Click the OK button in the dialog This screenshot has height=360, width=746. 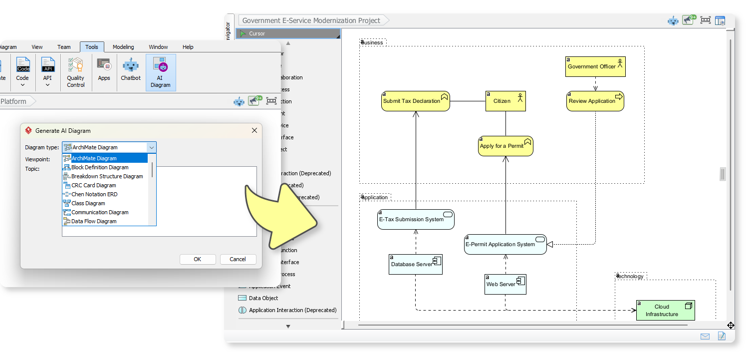point(198,259)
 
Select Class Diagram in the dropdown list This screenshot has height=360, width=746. point(88,203)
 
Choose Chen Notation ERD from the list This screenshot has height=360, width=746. point(94,194)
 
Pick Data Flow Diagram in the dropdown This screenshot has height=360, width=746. point(94,221)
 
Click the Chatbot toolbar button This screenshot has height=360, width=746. point(131,70)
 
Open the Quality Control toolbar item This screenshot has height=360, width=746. point(76,73)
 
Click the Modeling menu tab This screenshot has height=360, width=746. point(123,47)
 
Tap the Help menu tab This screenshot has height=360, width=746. point(188,47)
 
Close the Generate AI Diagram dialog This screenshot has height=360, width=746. point(254,130)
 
